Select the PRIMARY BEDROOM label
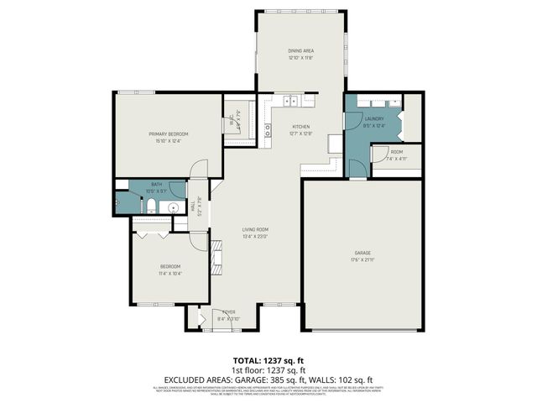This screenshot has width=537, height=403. pos(168,134)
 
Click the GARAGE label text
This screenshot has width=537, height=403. pos(363,253)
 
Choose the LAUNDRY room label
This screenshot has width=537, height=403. pos(374,118)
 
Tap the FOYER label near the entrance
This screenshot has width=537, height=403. pos(228,311)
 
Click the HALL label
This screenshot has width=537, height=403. pos(192,206)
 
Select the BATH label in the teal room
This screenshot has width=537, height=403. pos(156,184)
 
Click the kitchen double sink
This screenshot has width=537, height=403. pos(292,102)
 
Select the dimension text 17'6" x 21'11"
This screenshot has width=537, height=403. pos(363,259)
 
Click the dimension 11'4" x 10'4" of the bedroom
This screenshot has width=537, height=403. pos(170,273)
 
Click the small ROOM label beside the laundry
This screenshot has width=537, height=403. pos(396,152)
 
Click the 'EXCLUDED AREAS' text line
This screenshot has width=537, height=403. pos(268,379)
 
